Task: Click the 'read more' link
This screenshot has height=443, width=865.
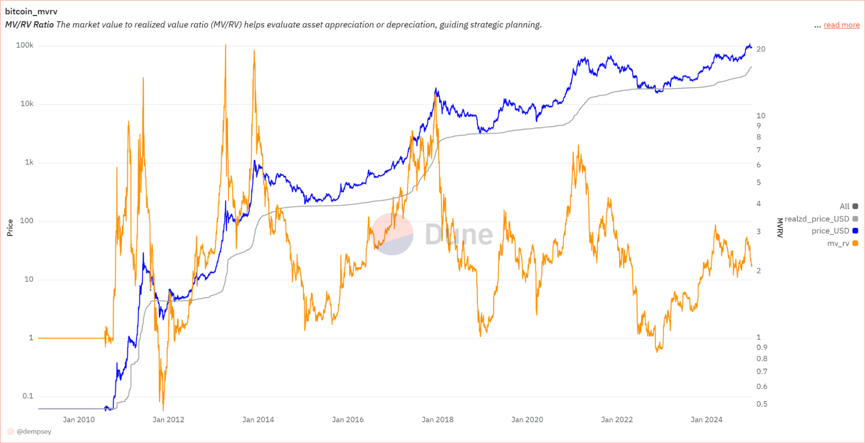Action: (x=841, y=25)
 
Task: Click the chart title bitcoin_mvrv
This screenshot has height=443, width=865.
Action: (x=31, y=12)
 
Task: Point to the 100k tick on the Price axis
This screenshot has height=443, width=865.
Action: (x=25, y=45)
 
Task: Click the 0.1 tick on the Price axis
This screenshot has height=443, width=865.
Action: (x=28, y=396)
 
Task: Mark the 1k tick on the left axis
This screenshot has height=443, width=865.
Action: (x=29, y=162)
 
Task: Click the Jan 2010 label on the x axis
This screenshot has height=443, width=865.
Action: (x=79, y=420)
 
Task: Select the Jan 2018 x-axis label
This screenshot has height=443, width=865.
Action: (x=437, y=420)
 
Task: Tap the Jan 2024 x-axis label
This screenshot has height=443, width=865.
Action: (x=707, y=420)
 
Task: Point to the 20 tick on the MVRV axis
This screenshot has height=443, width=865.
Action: (x=761, y=49)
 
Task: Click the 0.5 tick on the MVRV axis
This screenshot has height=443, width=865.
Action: (x=762, y=404)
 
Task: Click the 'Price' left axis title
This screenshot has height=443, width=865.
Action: (x=10, y=228)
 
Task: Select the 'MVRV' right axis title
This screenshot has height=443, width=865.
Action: (x=780, y=228)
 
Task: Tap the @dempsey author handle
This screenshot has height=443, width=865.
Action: (x=34, y=432)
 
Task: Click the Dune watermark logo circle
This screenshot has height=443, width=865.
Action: (x=392, y=234)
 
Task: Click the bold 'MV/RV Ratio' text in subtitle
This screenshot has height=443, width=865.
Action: (x=29, y=25)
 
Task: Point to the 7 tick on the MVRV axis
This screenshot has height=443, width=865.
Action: (x=759, y=150)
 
